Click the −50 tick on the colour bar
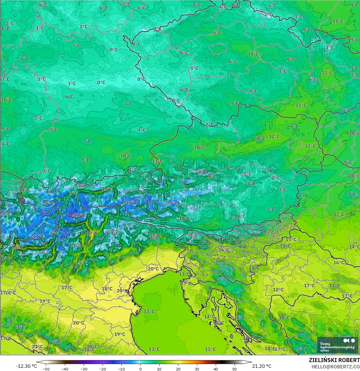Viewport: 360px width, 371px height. click(x=46, y=369)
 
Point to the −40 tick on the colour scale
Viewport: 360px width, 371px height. click(x=65, y=369)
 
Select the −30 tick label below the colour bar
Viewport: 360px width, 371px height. click(x=84, y=369)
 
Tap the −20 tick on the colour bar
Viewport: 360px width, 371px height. click(x=103, y=369)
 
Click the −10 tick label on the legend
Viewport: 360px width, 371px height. click(x=121, y=369)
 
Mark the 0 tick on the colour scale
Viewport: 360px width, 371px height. click(x=140, y=369)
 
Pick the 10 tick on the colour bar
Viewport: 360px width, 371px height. click(x=159, y=369)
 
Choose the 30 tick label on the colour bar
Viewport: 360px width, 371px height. click(x=197, y=369)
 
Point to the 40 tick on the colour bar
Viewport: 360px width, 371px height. click(x=215, y=369)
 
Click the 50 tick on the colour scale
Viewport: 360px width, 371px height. click(x=234, y=369)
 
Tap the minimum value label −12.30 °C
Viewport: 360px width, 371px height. click(x=26, y=366)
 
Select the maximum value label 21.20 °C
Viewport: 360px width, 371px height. click(x=262, y=366)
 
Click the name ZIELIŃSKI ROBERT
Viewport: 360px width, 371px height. click(x=334, y=360)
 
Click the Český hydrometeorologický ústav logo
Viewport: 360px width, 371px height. click(x=338, y=345)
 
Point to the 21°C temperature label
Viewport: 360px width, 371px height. click(x=37, y=346)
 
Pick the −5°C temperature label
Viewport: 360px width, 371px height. click(x=80, y=186)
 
